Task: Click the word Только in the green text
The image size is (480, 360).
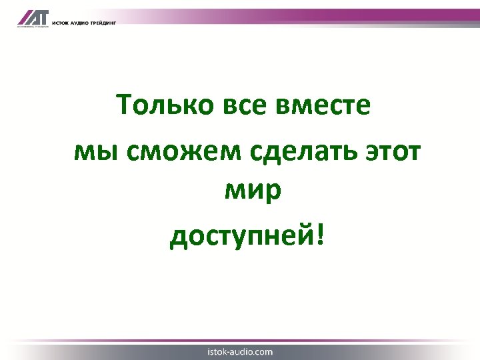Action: pos(156,105)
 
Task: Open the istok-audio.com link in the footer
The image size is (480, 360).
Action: pos(240,351)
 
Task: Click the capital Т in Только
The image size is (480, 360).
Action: pos(124,105)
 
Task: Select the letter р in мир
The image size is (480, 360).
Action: pos(274,194)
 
